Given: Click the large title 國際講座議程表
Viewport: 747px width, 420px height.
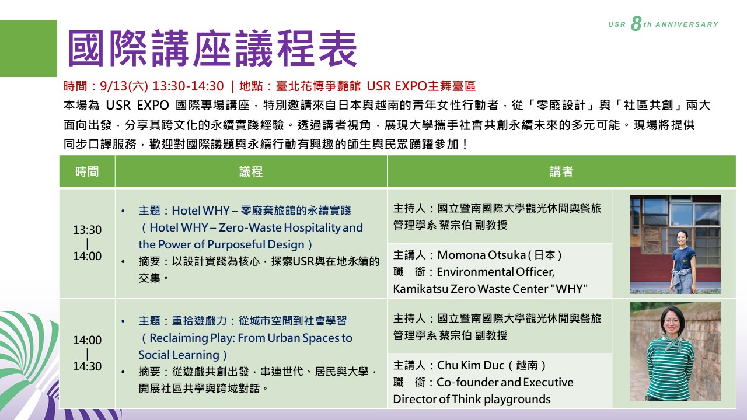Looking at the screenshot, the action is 212,48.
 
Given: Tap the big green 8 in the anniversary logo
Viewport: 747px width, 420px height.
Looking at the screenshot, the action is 636,24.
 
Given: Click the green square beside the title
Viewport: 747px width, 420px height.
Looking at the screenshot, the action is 29,48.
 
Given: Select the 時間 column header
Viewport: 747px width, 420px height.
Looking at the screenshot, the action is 87,171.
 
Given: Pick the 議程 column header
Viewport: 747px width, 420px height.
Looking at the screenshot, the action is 251,171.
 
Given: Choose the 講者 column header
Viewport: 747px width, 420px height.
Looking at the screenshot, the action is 561,171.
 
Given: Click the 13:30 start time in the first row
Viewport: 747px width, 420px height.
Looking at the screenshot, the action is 88,230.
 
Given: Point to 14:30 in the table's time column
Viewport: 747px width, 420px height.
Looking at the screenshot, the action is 88,366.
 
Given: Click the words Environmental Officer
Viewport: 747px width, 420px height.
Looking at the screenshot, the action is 495,272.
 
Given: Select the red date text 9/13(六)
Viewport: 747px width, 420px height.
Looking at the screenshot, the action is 124,86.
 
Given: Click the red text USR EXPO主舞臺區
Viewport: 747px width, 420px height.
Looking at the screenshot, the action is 421,86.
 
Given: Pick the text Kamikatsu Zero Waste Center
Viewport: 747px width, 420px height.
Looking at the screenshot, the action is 470,289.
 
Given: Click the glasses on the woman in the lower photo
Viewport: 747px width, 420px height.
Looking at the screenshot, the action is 672,321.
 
